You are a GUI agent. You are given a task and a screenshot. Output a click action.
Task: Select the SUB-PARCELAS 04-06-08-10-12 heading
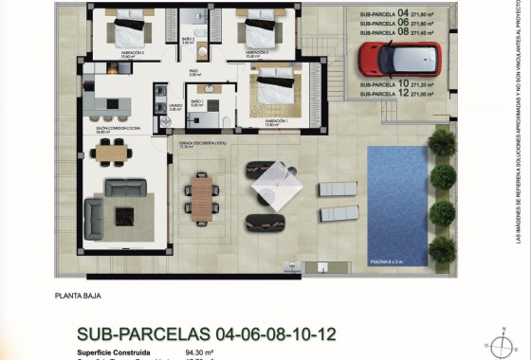[207, 333]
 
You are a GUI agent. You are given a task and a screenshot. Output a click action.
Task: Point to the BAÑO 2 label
[188, 39]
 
